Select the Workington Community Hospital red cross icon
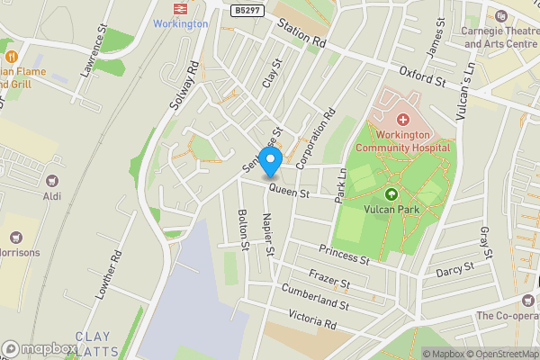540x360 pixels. [402, 119]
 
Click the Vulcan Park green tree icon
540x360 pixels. [391, 193]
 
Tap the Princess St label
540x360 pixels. [344, 255]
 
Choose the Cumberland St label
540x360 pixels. [314, 299]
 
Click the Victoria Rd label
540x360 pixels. [311, 319]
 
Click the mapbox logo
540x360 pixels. [40, 348]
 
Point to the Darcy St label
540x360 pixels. [454, 267]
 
